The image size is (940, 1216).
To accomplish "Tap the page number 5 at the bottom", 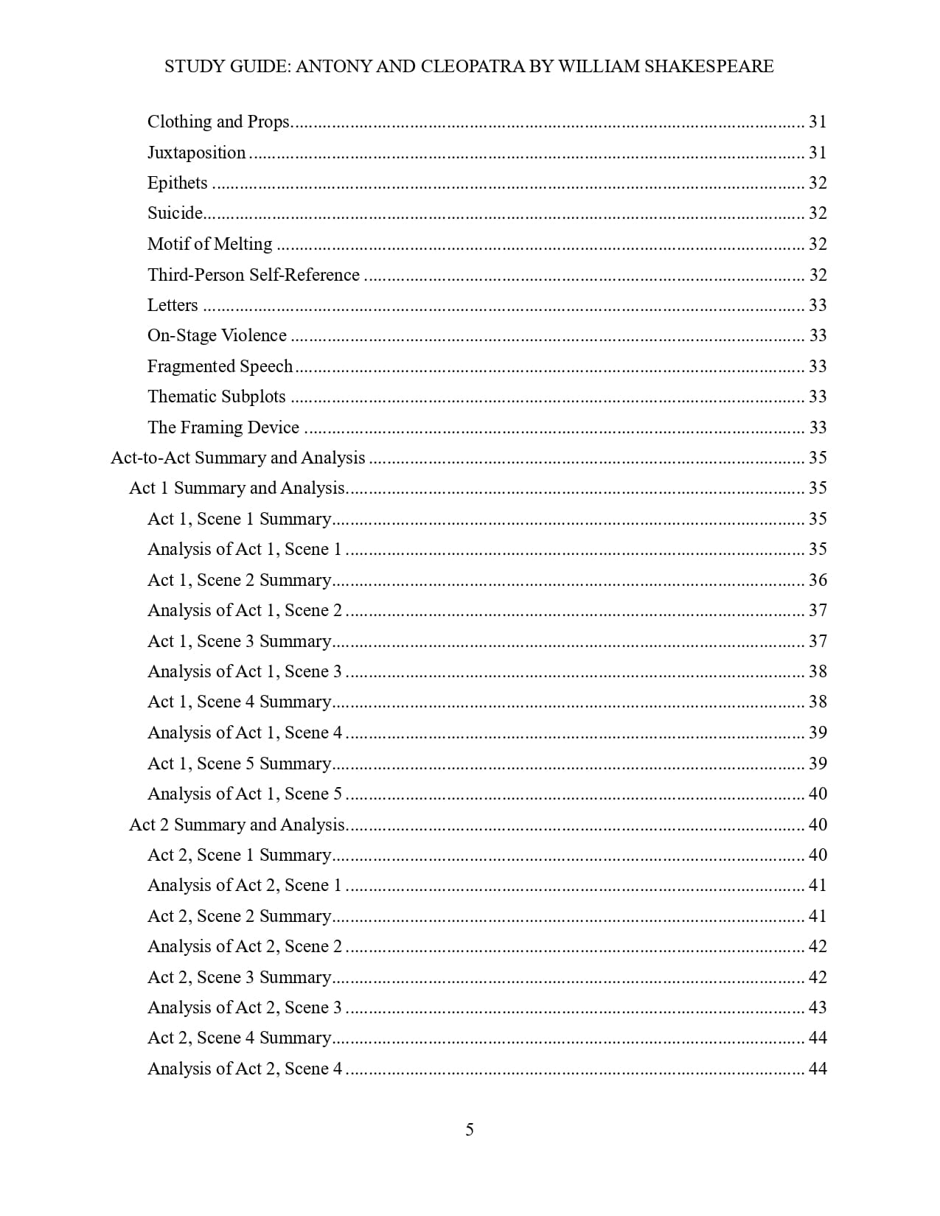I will (x=470, y=1130).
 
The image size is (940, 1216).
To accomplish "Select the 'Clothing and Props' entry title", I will (x=218, y=122).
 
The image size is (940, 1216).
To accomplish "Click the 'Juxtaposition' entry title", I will (x=196, y=153).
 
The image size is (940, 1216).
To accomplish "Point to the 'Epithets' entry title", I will (x=177, y=183).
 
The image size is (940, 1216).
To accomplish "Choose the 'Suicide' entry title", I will (x=175, y=213).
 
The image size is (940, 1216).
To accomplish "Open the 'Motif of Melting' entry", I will (x=209, y=244).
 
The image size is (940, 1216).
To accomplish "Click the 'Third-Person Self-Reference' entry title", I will (x=253, y=275).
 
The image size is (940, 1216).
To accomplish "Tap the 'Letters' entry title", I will (x=173, y=305).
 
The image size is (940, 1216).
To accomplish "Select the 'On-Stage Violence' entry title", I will (x=217, y=335).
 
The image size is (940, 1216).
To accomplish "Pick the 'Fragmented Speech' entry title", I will (x=220, y=366).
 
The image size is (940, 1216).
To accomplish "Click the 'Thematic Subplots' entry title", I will (x=216, y=396).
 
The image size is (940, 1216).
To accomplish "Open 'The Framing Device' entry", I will (x=223, y=427).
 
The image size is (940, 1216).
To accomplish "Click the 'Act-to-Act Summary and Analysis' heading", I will (x=237, y=458).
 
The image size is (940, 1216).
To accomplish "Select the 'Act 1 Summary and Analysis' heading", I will (x=237, y=488).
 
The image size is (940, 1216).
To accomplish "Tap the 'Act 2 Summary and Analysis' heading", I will (x=237, y=825).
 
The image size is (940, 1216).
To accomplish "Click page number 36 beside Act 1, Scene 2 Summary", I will (x=818, y=580).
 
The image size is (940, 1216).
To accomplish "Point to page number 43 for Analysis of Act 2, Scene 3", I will (x=818, y=1007).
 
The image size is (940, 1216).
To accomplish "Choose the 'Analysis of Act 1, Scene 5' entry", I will (x=244, y=794).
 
